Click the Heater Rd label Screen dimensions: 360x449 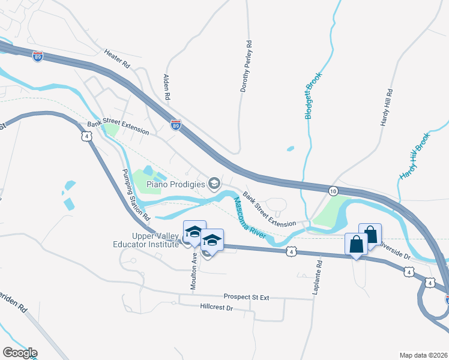tap(117, 58)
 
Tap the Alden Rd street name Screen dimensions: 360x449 tap(167, 88)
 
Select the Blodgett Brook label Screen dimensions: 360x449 tap(313, 95)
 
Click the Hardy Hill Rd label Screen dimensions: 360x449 tap(386, 107)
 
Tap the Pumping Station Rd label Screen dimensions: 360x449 tap(136, 193)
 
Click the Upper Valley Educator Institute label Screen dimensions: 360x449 tap(146, 240)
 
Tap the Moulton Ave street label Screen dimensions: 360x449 tap(194, 271)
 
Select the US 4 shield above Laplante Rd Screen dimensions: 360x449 tap(291, 251)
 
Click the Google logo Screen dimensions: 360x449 tap(20, 353)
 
